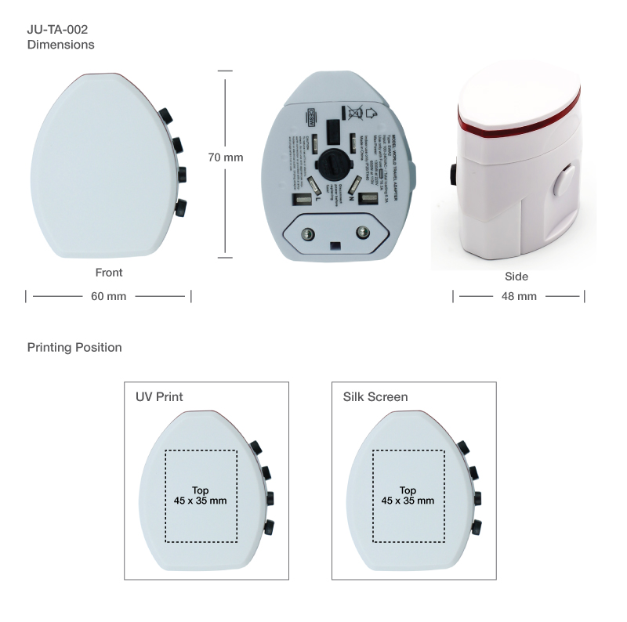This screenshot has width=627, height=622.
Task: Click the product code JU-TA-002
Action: click(x=57, y=30)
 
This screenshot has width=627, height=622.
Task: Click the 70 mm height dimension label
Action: click(x=226, y=157)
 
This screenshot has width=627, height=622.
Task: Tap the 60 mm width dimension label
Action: click(x=108, y=296)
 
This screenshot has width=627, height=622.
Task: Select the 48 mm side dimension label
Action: click(x=519, y=296)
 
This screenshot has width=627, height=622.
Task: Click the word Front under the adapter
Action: click(x=109, y=273)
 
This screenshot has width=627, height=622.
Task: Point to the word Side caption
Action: click(x=516, y=277)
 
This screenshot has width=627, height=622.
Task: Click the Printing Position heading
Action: click(x=74, y=347)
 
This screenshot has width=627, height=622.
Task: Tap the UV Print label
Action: click(x=159, y=397)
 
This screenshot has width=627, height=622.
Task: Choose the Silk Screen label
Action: click(x=375, y=397)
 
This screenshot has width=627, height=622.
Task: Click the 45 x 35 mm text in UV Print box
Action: click(x=201, y=501)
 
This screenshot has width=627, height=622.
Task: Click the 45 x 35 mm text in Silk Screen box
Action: click(x=408, y=501)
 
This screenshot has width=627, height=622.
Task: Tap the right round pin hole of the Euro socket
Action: click(x=363, y=232)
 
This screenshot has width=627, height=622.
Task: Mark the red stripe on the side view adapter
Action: click(x=520, y=128)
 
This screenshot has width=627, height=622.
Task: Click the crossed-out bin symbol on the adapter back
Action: click(x=354, y=112)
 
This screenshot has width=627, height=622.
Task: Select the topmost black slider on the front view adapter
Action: click(x=166, y=117)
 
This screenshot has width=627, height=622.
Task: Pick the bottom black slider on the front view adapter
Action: click(x=182, y=208)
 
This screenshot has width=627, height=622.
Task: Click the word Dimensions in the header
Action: click(x=61, y=45)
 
